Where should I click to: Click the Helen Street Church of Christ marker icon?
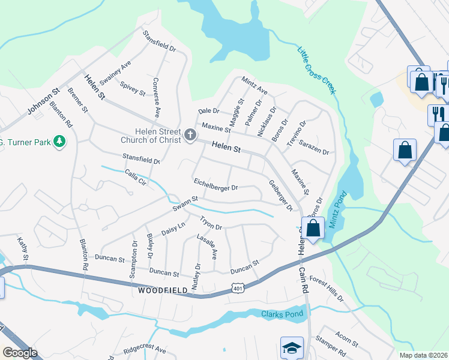(x=190, y=134)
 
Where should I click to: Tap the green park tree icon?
(x=59, y=142)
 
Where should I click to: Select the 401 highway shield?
(x=238, y=289)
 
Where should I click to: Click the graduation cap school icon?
(x=292, y=347)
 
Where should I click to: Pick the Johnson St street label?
(x=44, y=102)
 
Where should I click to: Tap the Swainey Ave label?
(x=115, y=73)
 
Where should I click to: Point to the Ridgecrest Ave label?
(x=145, y=349)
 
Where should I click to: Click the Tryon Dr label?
(x=211, y=223)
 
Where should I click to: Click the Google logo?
(x=20, y=353)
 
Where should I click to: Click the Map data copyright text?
(x=423, y=355)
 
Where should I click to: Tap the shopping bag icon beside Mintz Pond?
(x=313, y=228)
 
